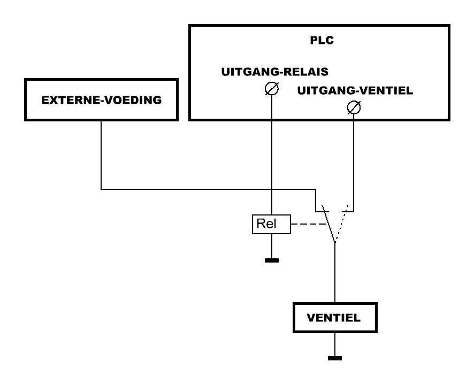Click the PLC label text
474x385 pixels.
point(322,40)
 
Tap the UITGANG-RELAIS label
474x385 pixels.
point(275,72)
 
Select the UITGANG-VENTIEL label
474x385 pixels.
point(355,91)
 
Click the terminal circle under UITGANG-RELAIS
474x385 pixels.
point(271,89)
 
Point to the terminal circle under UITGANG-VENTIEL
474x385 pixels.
point(354,107)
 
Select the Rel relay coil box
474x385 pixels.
point(271,224)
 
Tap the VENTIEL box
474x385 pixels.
point(335,318)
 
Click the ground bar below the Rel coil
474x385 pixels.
point(272,260)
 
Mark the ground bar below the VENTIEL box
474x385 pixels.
point(335,358)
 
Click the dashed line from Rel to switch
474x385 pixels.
point(308,224)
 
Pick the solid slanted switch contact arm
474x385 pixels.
point(328,224)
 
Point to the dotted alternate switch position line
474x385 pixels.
point(342,224)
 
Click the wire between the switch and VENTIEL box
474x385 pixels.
point(335,272)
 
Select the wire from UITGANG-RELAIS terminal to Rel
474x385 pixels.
point(271,155)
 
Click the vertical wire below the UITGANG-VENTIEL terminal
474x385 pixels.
point(354,163)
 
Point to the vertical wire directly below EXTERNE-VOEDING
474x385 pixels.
point(101,155)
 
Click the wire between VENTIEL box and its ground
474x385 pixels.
point(335,344)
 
